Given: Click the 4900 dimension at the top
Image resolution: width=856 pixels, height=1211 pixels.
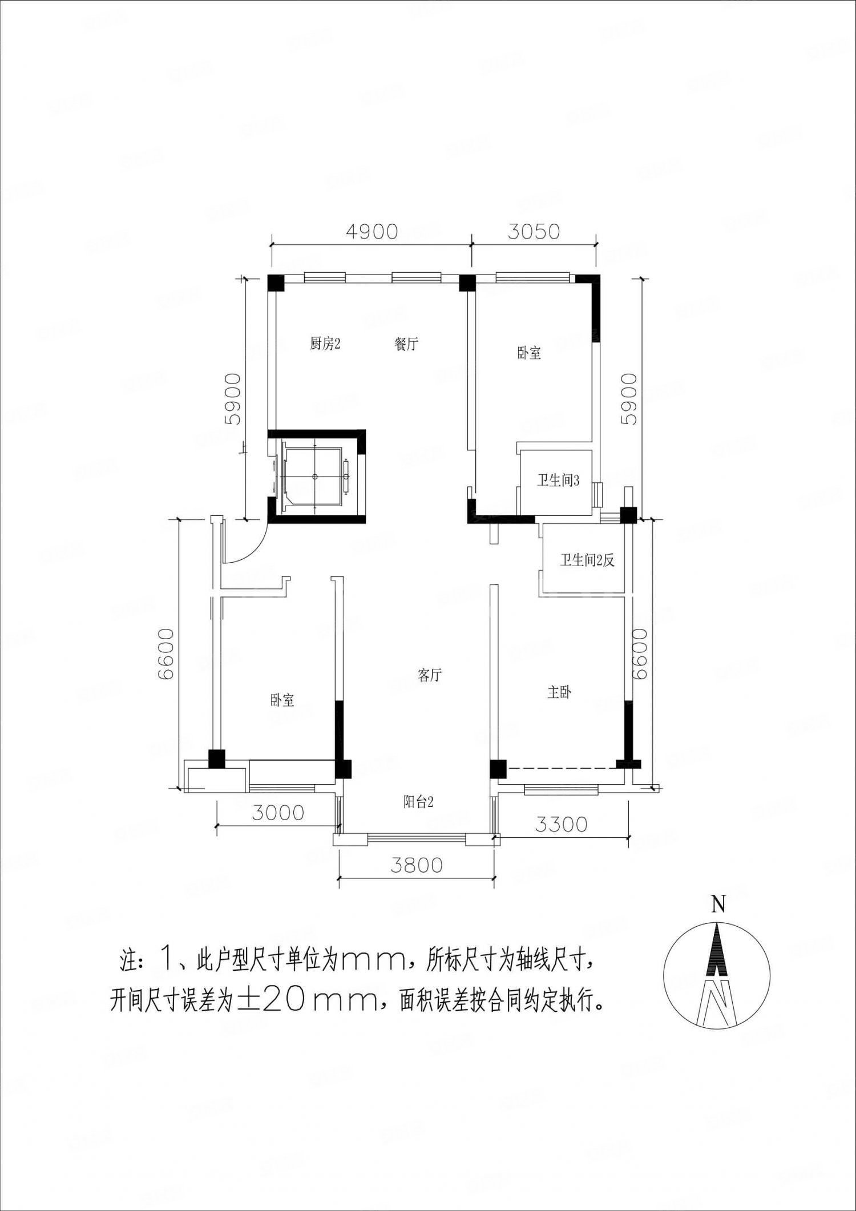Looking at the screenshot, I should click(x=371, y=232).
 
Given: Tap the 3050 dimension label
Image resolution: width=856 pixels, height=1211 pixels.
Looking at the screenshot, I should click(x=534, y=232).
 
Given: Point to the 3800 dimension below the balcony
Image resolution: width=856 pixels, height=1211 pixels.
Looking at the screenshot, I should click(x=417, y=865).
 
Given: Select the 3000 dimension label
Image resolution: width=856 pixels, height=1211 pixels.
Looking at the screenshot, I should click(x=278, y=813).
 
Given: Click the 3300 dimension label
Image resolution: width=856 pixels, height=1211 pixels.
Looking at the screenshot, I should click(x=561, y=824).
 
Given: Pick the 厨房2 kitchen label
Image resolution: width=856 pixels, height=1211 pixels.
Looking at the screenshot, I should click(x=325, y=344).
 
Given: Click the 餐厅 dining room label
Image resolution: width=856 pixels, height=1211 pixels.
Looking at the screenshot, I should click(x=406, y=344).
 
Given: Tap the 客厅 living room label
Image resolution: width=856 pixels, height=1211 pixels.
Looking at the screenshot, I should click(x=430, y=675).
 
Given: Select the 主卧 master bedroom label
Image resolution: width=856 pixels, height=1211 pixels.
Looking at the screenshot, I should click(x=559, y=693).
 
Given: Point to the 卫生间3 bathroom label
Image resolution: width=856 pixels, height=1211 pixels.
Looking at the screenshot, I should click(x=558, y=481).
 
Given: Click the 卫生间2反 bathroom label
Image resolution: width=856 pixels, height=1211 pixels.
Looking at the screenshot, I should click(x=587, y=560).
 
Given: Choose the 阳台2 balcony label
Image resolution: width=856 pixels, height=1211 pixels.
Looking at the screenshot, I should click(x=418, y=802).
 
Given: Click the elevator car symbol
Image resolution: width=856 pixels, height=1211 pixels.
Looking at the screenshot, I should click(x=314, y=476).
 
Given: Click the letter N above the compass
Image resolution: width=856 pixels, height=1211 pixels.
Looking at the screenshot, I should click(x=718, y=905).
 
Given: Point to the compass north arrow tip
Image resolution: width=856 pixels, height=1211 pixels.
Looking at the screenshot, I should click(x=717, y=924).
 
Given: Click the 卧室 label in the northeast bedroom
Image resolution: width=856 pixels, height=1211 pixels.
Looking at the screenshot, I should click(x=529, y=353).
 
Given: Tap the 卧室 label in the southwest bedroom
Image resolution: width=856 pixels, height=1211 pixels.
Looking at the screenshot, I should click(x=282, y=700).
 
